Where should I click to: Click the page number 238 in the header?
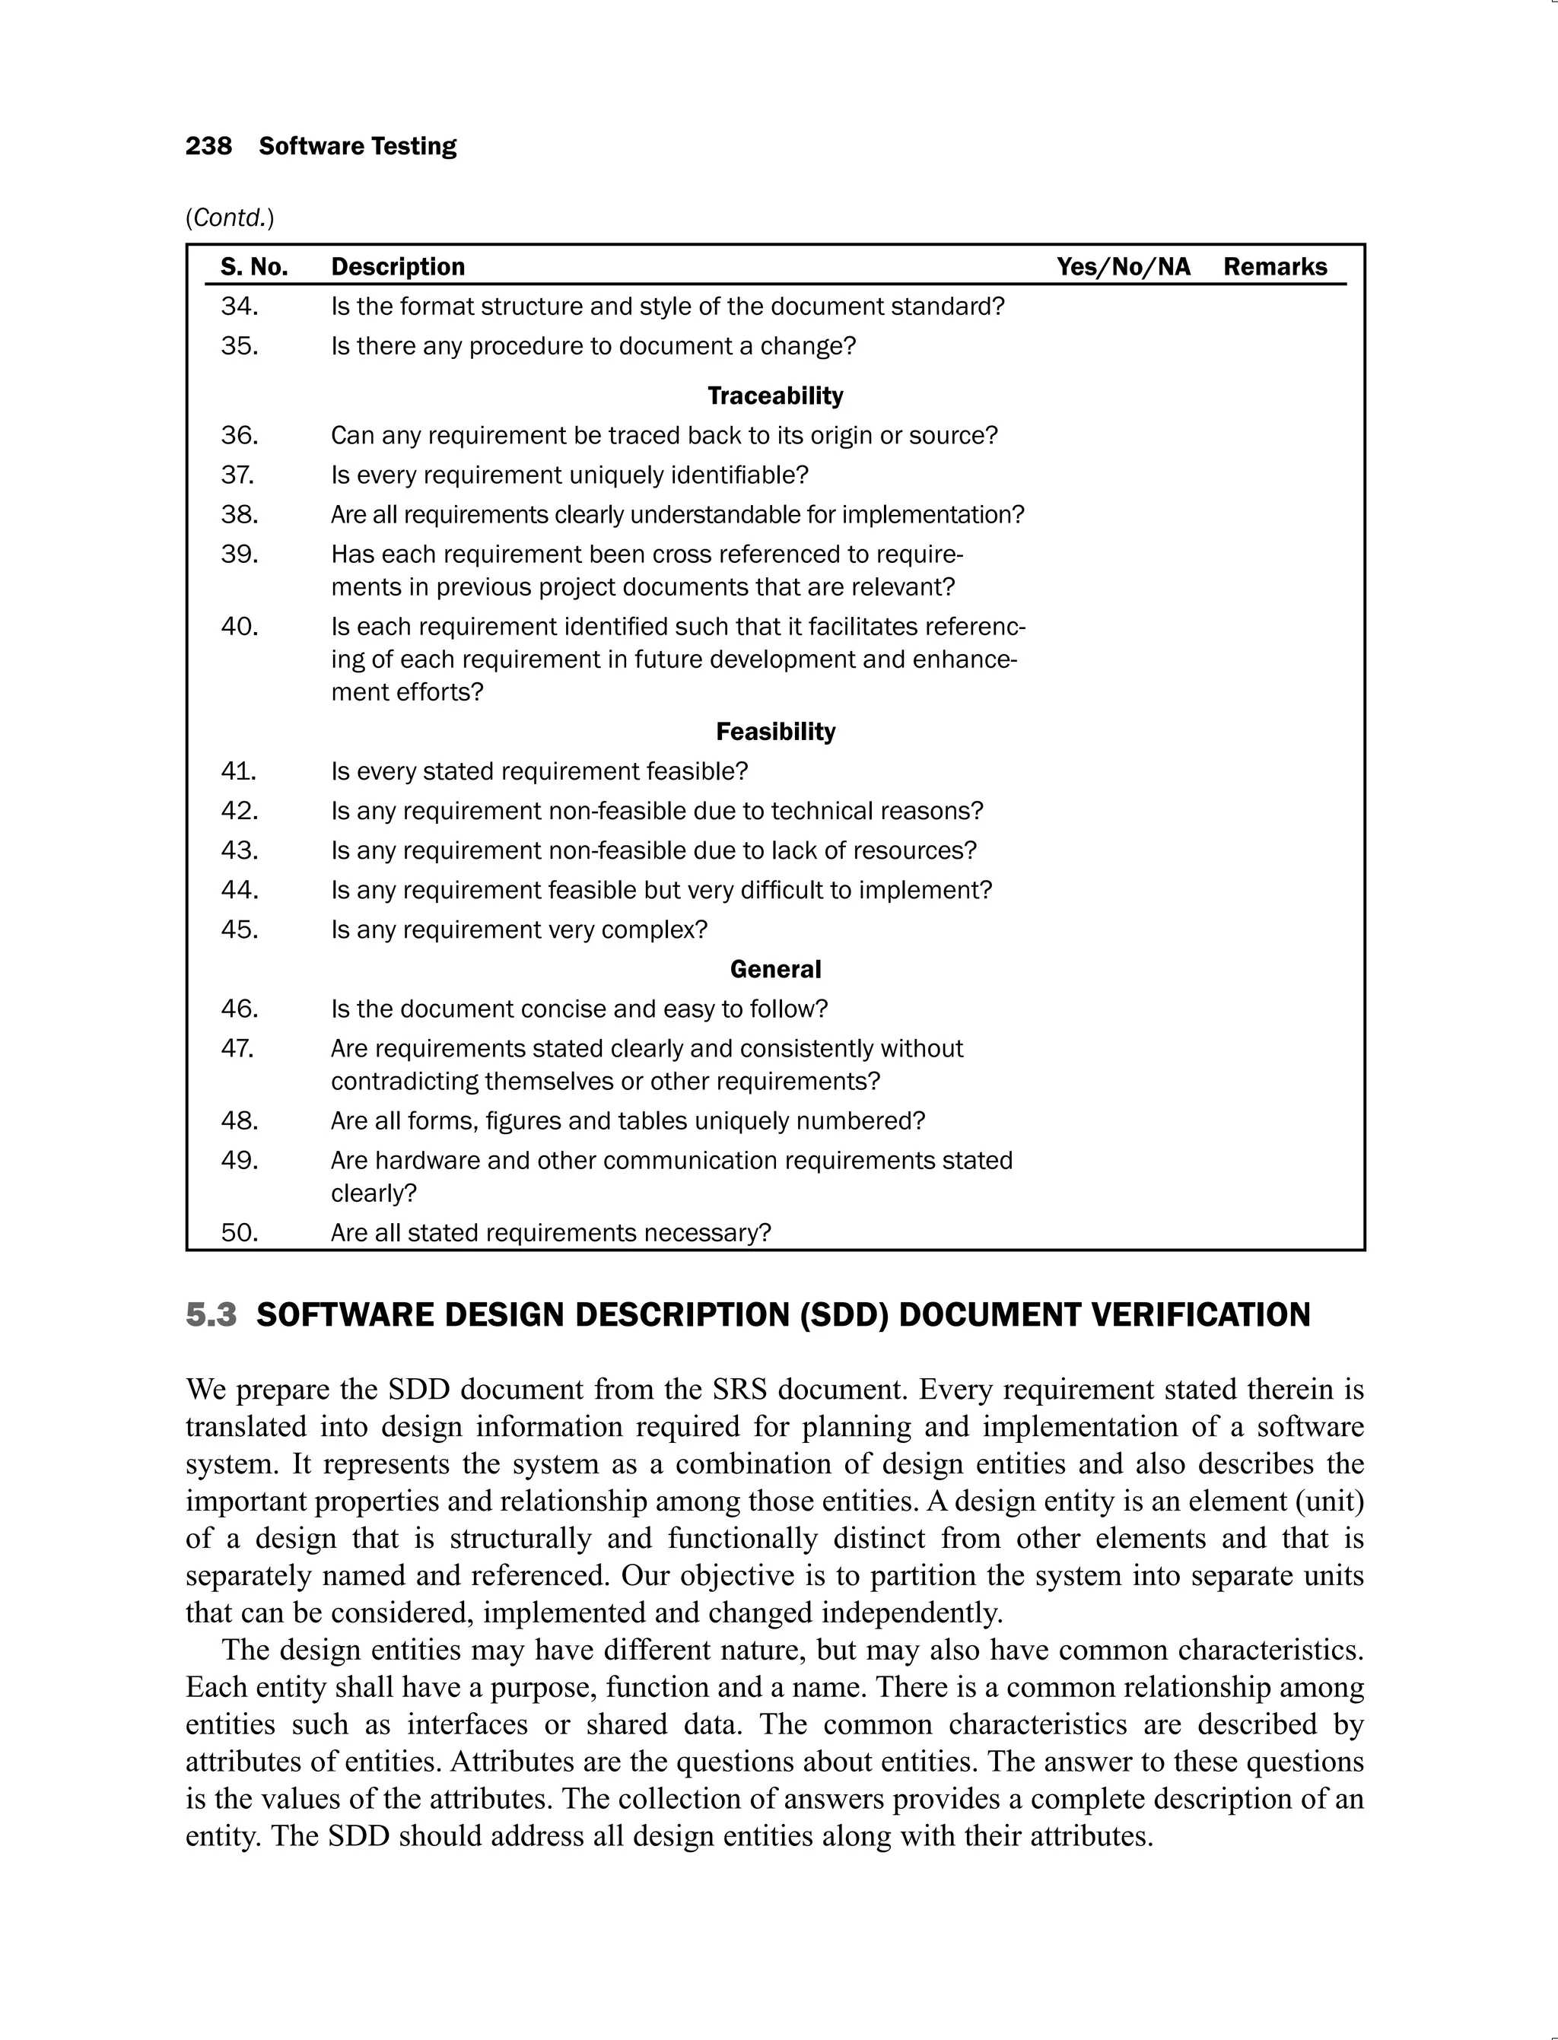(208, 147)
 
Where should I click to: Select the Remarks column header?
(1274, 267)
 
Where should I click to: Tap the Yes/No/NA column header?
(1123, 267)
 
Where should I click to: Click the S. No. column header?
(254, 267)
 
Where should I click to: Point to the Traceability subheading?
(775, 396)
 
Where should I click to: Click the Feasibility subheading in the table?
(775, 732)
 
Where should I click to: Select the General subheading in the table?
(775, 969)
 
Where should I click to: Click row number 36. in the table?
(240, 435)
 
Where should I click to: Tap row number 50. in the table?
(240, 1232)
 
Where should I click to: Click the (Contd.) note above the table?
(230, 218)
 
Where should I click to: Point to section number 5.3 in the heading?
(211, 1315)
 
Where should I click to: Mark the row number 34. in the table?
(240, 306)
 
